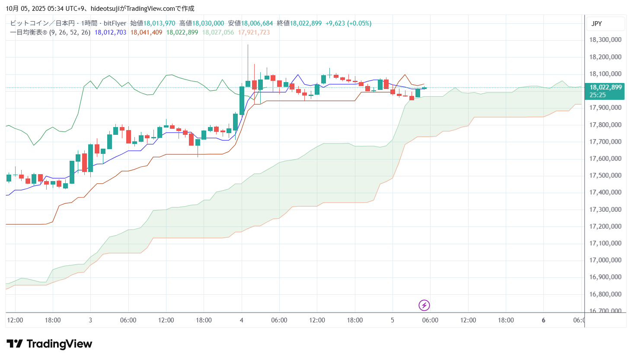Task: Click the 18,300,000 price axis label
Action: [x=605, y=40]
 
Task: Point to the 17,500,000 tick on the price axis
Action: [x=605, y=175]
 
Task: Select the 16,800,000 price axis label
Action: [x=605, y=294]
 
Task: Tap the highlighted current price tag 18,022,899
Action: [x=605, y=87]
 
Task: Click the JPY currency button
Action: [x=597, y=24]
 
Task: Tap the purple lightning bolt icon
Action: [x=424, y=306]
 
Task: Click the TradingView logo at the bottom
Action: [x=49, y=344]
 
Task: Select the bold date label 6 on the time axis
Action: [x=543, y=320]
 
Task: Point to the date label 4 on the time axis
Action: [x=241, y=320]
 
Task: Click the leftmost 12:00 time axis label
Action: [x=15, y=320]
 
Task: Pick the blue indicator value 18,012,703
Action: [x=110, y=32]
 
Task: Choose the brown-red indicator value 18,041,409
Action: [x=146, y=32]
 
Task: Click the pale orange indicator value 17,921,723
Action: [x=254, y=32]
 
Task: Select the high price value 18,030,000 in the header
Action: [x=208, y=23]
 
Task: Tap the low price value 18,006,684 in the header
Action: [x=257, y=23]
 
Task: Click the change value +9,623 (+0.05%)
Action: [x=348, y=23]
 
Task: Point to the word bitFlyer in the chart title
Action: [x=115, y=23]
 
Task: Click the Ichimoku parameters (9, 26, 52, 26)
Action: [x=69, y=32]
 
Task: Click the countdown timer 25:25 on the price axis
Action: [x=597, y=95]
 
